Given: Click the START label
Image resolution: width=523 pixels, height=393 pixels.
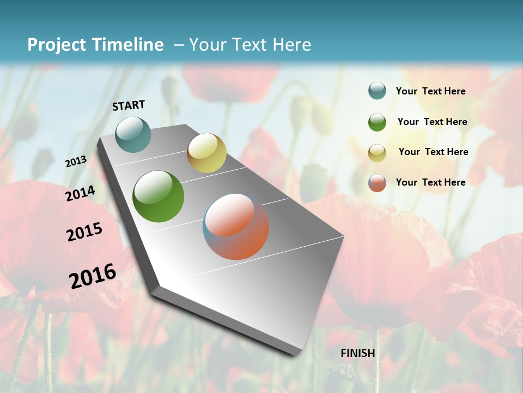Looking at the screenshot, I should coord(129,105).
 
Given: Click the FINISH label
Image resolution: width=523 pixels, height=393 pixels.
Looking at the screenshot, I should coord(357,353).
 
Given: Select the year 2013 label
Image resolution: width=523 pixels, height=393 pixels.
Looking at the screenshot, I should coord(76,162).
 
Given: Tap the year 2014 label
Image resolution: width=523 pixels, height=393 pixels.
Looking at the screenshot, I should coord(81,193).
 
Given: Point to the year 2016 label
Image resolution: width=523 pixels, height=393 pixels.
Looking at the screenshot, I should coord(93,276).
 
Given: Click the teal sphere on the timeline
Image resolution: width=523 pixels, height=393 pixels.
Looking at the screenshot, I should coord(133,134).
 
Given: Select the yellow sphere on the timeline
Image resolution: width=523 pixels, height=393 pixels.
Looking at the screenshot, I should coord(206,153).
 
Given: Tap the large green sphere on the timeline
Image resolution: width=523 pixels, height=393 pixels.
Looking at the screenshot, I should coord(159,196).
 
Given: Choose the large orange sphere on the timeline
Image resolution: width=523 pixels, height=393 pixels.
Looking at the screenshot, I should coord(236,227).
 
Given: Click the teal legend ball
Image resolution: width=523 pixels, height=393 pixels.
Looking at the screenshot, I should coord(377,91).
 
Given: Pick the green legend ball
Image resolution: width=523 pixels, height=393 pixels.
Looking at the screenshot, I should coord(377,122).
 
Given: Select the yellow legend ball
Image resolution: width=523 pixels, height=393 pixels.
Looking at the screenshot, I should coord(377,152).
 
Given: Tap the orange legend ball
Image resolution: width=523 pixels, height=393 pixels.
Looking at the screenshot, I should coord(377,182).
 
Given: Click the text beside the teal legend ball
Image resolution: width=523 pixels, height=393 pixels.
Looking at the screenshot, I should coord(430,92).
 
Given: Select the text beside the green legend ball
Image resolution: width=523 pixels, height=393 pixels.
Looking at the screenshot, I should coord(432,122).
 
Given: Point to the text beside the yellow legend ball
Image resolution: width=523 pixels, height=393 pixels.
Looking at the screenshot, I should coord(433,152).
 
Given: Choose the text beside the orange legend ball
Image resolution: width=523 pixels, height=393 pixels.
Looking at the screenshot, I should coord(430,182).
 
